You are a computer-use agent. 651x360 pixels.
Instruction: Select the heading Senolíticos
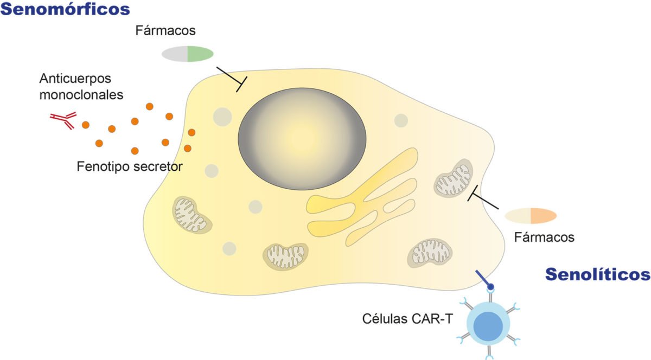coord(597,274)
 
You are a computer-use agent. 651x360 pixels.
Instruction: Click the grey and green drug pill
coord(188,54)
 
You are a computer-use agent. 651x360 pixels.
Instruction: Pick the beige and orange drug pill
coord(531,215)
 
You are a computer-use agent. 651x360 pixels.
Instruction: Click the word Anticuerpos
coord(75,79)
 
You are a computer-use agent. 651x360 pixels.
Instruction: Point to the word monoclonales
coord(81,95)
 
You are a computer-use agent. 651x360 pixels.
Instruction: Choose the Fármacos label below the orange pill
coord(544,237)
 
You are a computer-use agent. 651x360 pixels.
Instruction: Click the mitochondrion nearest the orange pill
coord(453,178)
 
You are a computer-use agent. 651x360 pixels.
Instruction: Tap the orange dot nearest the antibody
coord(85,125)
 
